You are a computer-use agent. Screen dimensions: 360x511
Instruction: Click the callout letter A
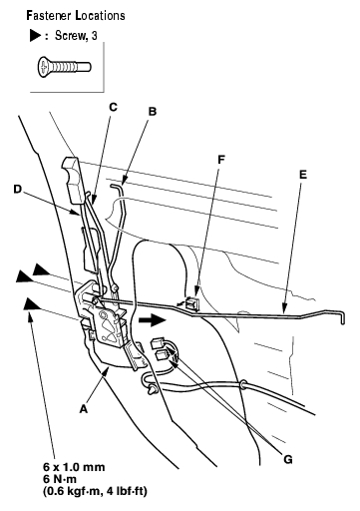pos(84,408)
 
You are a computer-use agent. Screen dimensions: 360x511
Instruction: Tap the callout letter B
pos(153,112)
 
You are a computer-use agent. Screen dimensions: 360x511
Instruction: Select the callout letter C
pos(113,107)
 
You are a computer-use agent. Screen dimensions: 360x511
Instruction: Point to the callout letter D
pos(17,190)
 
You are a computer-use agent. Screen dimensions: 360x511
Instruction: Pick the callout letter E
pos(303,175)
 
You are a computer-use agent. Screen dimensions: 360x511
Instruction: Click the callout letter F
pos(221,160)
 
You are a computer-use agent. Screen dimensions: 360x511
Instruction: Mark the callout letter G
pos(288,459)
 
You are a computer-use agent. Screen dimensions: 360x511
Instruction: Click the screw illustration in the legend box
pos(64,67)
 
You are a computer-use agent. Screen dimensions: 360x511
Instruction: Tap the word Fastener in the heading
pos(49,16)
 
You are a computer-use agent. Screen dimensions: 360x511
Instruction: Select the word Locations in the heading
pos(100,16)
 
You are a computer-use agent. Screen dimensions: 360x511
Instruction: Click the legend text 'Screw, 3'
pos(76,35)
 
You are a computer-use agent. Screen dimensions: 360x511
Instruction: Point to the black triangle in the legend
pos(35,35)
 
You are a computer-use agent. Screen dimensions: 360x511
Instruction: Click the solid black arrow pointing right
pos(152,319)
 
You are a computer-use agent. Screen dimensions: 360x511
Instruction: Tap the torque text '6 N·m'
pos(60,479)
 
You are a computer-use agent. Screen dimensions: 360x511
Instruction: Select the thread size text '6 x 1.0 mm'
pos(74,467)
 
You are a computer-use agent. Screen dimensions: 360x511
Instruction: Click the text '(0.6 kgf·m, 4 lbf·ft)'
pos(95,491)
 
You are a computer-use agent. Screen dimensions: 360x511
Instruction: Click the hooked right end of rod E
pos(340,316)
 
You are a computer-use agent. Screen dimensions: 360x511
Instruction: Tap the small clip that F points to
pos(191,303)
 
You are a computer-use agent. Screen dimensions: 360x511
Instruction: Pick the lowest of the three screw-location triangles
pos(33,304)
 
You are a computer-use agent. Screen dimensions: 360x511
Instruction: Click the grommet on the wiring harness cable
pos(243,384)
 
